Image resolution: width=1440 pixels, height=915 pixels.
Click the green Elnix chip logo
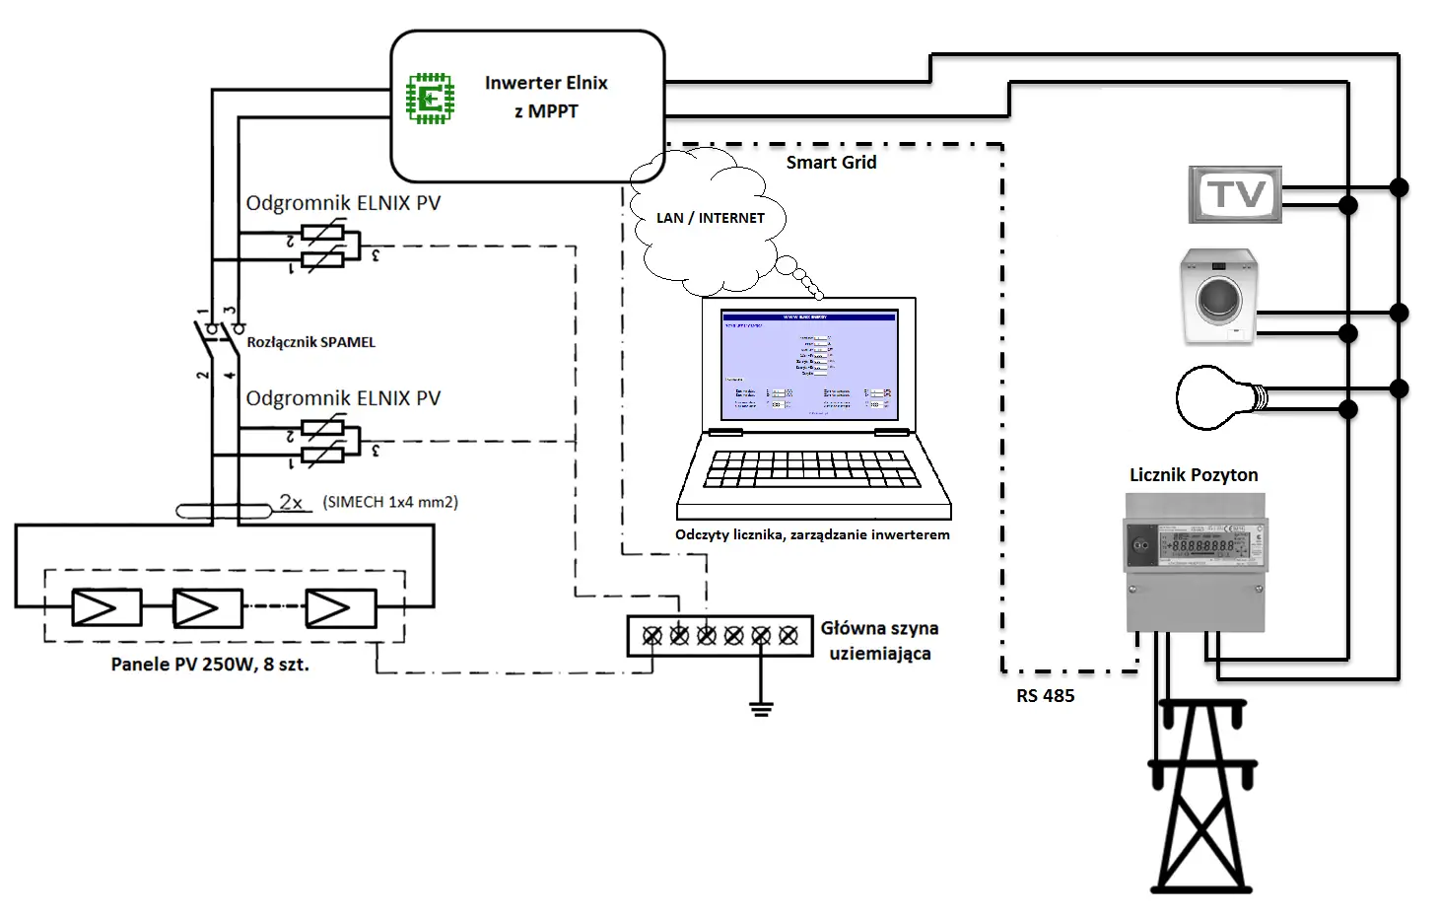pos(431,99)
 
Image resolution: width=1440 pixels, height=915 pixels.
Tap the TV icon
pos(1235,194)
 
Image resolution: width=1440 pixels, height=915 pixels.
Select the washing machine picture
pos(1219,296)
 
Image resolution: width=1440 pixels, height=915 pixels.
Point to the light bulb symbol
pos(1218,397)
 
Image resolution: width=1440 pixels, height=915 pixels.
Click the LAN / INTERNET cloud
pos(710,218)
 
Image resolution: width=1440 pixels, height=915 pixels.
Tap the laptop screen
pos(810,365)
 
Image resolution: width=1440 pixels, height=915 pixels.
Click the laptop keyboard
pos(812,470)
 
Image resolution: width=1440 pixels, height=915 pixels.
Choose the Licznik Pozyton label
pos(1194,475)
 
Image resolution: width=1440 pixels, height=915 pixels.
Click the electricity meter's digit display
pos(1201,544)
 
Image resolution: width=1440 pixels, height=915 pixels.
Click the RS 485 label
pos(1045,696)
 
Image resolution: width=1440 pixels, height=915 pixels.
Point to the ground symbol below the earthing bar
pos(760,708)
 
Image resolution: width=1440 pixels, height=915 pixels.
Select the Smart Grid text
pos(831,163)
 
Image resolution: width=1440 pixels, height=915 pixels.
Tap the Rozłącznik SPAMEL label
pos(310,342)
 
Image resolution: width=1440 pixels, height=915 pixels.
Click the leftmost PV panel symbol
pos(107,608)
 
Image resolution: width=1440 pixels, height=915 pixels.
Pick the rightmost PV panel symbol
pos(340,608)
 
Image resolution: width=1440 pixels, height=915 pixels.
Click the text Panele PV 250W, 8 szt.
pos(210,665)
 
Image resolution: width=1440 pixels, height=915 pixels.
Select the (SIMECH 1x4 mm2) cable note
pos(390,502)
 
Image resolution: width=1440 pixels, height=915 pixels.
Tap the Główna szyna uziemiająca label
pos(879,641)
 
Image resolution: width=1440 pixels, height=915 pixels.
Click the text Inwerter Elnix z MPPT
pos(546,97)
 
